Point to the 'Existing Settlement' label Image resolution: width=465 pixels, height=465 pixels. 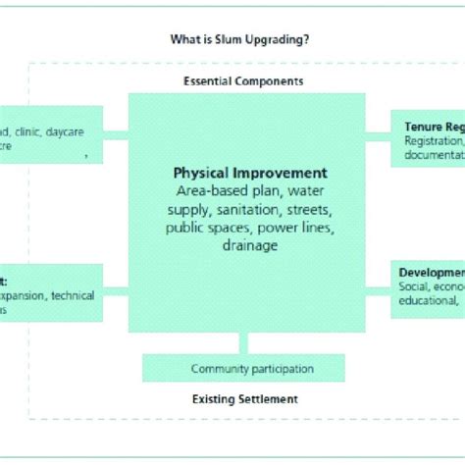(x=243, y=399)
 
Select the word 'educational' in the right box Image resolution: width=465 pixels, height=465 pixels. (x=428, y=301)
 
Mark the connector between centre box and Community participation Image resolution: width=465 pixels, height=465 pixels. (x=243, y=343)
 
